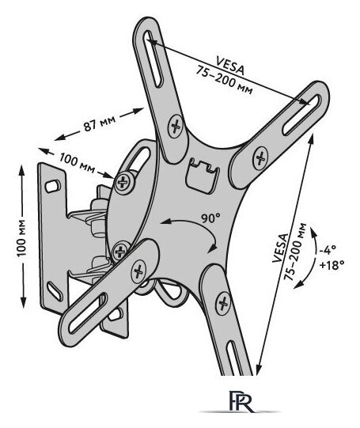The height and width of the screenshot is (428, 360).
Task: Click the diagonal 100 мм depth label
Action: pos(78,163)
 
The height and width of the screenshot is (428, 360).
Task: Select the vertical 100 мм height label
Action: pos(22,237)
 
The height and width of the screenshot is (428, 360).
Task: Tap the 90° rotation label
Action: pos(210,218)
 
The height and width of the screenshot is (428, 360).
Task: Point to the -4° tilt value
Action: pos(328,249)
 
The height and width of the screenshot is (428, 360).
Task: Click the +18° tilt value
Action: pos(331,264)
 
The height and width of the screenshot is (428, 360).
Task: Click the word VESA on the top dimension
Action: pos(230,66)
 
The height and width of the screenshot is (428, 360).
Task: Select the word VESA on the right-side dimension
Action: pos(281,248)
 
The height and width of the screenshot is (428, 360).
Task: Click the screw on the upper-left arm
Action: pos(176,126)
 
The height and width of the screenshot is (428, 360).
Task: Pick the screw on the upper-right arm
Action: pos(260,158)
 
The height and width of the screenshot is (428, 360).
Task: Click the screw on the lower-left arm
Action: pos(138,271)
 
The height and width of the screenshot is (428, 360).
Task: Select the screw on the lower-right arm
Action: pos(223,303)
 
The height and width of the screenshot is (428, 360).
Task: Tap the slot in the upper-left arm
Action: pos(153,59)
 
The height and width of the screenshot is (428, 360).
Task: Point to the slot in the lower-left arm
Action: pos(88,313)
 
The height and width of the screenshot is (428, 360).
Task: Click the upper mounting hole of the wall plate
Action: pos(52,186)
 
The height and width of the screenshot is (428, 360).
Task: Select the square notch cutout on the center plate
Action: pos(202,176)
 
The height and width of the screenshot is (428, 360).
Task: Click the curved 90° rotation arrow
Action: pos(193,226)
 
